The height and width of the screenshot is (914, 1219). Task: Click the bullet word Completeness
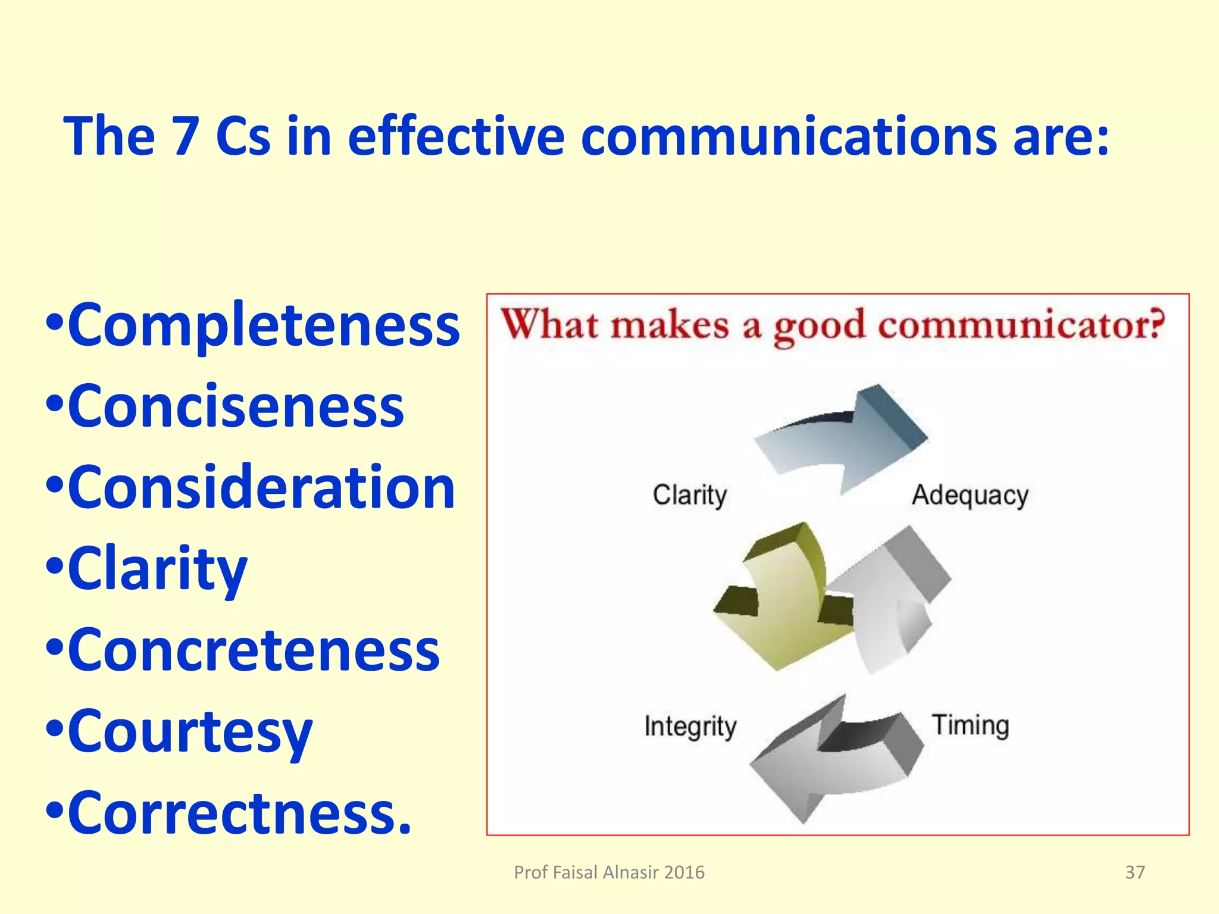[263, 326]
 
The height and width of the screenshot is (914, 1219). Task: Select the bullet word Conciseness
[236, 407]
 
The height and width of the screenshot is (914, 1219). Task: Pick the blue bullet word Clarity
[157, 569]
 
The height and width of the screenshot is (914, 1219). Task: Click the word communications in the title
[788, 137]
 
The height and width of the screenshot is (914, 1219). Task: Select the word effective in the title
[455, 137]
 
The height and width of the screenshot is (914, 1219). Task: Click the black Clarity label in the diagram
[689, 496]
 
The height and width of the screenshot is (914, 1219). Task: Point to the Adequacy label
[970, 496]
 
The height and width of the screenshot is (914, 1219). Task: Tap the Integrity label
[690, 727]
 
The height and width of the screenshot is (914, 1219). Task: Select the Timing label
[970, 725]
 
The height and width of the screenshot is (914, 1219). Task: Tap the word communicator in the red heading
[1020, 326]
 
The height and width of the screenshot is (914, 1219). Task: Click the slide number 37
[1134, 872]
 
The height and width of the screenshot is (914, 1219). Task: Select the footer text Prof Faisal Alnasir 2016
[609, 872]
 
